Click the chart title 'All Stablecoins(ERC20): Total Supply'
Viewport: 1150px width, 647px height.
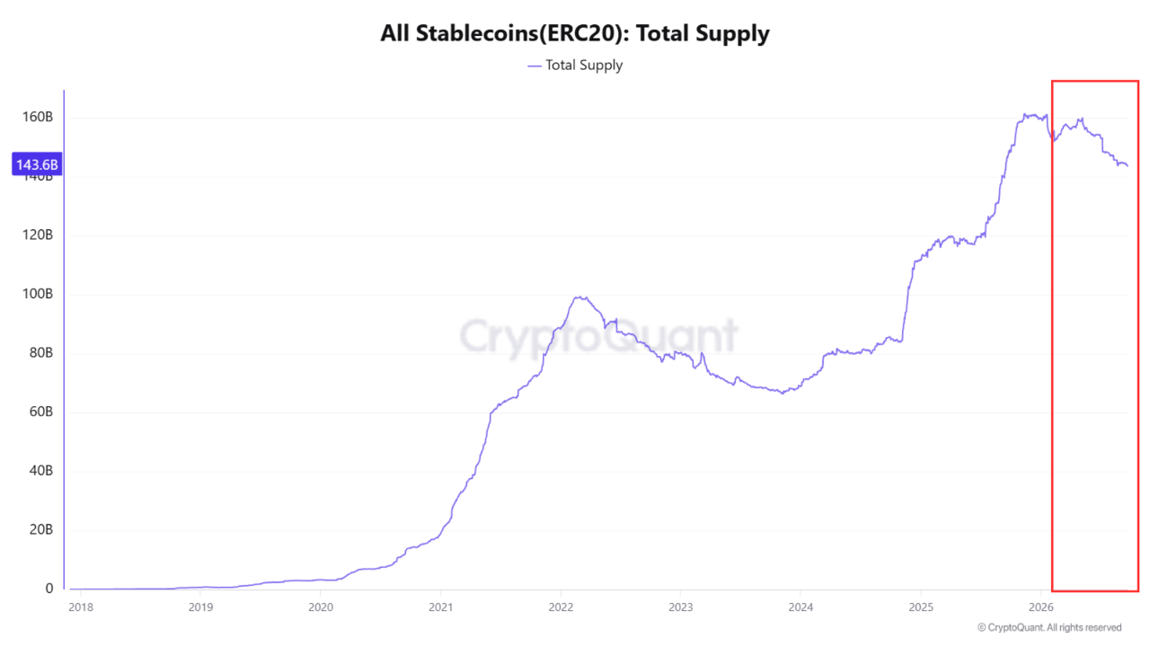[x=574, y=34]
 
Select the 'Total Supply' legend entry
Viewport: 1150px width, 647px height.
[x=575, y=66]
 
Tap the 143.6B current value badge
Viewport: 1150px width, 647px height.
[x=37, y=164]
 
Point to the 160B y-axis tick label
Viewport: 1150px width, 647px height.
[x=38, y=117]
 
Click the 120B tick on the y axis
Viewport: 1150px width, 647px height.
[x=38, y=235]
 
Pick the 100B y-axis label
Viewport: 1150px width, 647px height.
[x=38, y=294]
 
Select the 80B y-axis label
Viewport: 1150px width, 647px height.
[x=41, y=353]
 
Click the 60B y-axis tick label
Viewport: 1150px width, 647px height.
[x=41, y=412]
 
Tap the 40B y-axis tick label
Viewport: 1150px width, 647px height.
[x=41, y=470]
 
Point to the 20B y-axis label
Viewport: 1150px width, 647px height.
[x=41, y=529]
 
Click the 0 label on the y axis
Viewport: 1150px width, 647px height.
[x=49, y=589]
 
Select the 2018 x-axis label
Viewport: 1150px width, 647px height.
[x=81, y=607]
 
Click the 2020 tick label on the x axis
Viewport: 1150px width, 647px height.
[x=321, y=607]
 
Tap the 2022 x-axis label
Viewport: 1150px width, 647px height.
[x=561, y=607]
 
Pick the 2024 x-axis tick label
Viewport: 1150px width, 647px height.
[x=801, y=607]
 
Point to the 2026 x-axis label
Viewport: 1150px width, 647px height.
[x=1041, y=607]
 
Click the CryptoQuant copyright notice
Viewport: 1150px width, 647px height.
[x=1049, y=627]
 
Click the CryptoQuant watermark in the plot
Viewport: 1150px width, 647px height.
[x=598, y=336]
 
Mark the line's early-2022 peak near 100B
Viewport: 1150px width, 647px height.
[x=580, y=297]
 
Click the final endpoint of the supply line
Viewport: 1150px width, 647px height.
[x=1128, y=165]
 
